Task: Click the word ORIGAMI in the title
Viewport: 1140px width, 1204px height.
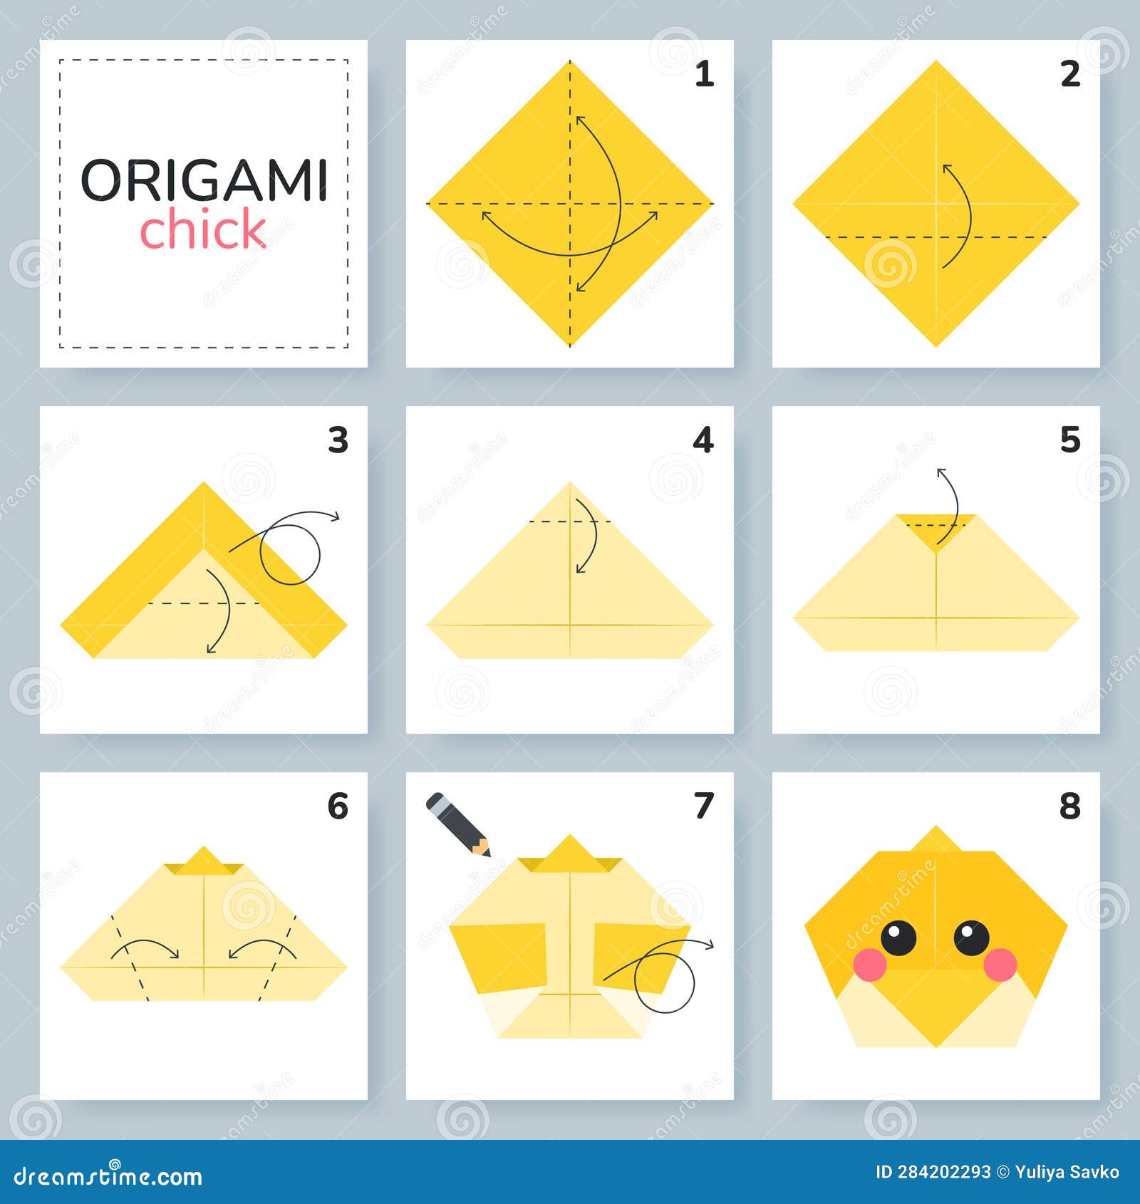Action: click(204, 180)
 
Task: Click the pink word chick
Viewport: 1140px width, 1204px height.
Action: click(203, 229)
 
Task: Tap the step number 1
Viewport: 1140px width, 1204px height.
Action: click(704, 74)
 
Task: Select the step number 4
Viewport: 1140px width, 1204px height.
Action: click(703, 440)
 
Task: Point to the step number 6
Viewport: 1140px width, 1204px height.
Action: click(338, 806)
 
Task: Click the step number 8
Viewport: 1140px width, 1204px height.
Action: click(1069, 806)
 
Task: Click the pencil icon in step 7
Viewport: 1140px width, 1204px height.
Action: click(457, 824)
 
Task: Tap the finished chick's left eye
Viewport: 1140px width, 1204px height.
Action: click(898, 938)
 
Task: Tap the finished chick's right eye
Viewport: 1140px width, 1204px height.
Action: click(972, 938)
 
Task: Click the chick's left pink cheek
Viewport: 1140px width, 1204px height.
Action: click(869, 965)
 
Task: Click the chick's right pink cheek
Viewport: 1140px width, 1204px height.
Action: click(1000, 965)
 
